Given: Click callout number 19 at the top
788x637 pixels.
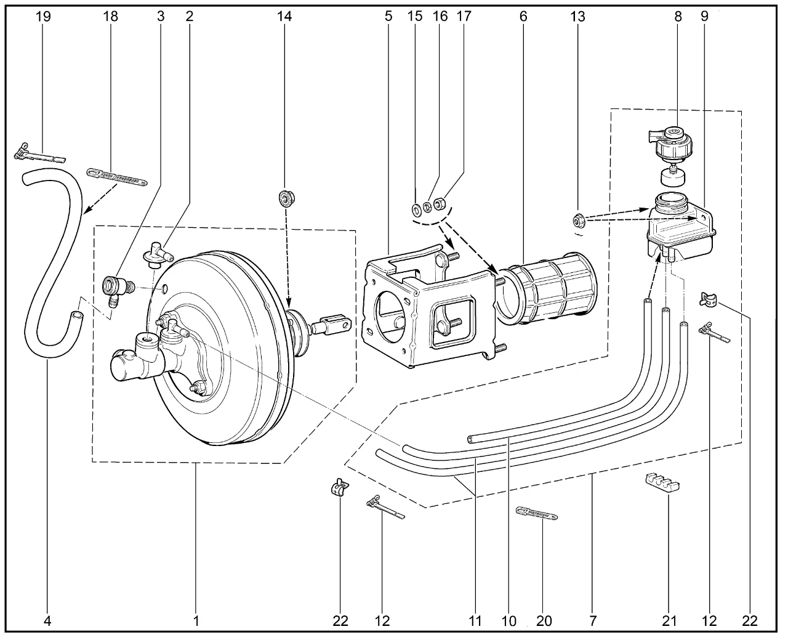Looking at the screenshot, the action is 43,16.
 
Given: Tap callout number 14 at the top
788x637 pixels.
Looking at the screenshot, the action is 284,16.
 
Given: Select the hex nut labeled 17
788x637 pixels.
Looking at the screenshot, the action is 440,203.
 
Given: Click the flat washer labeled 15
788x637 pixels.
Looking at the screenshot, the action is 416,210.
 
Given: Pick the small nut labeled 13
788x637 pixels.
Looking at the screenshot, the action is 578,221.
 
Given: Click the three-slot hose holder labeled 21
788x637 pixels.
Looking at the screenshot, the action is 662,484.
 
